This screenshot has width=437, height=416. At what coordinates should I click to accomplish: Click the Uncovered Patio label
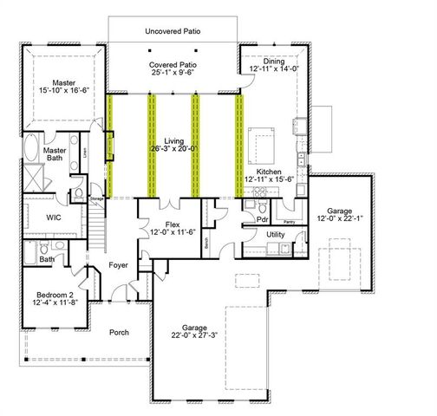click(x=174, y=30)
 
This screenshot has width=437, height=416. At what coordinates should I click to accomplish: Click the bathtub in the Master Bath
click(x=29, y=149)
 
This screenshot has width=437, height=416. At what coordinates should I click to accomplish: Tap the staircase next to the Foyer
click(x=100, y=225)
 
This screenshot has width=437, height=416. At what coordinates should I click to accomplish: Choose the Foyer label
click(x=118, y=267)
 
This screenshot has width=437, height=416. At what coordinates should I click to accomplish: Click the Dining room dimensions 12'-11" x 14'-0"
click(x=274, y=68)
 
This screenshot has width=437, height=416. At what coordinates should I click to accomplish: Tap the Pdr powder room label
click(x=262, y=219)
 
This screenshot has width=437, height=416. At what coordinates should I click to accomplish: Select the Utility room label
click(x=276, y=235)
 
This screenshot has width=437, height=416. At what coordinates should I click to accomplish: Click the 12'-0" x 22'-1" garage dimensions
click(x=340, y=220)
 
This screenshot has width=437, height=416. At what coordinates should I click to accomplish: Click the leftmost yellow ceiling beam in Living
click(x=110, y=145)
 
